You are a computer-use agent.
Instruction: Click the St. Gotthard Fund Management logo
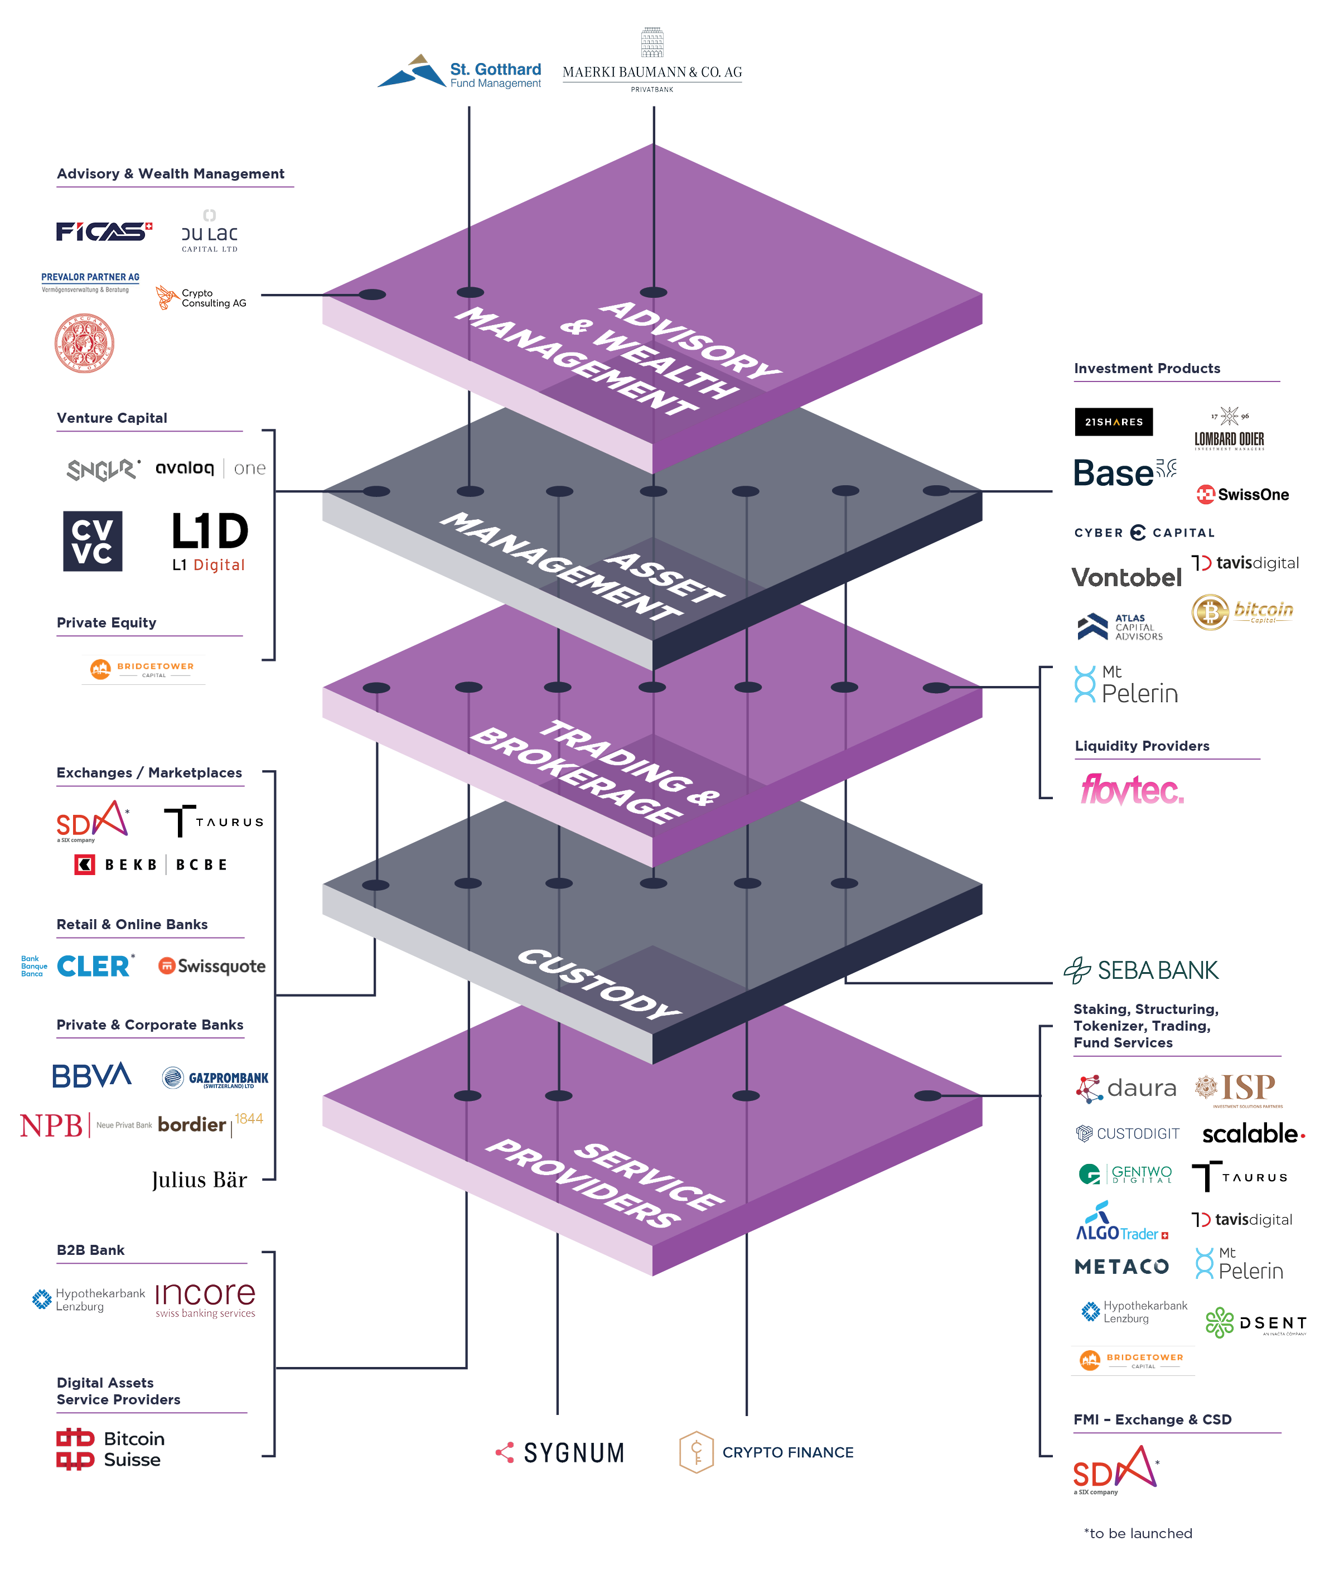460,73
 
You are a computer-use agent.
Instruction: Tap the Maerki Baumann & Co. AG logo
652,64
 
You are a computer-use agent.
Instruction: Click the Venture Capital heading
112,418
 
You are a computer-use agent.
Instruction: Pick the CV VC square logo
92,541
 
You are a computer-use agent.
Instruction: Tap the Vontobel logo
1125,577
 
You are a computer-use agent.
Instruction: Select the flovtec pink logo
1132,790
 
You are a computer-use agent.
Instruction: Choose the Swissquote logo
212,966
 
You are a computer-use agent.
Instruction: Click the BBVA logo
91,1076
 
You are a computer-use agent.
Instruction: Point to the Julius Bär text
199,1180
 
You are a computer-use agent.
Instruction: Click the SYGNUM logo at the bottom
560,1452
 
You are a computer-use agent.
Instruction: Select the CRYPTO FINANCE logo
766,1452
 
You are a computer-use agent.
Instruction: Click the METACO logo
1121,1266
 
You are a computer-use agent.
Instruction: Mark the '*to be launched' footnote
1138,1533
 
